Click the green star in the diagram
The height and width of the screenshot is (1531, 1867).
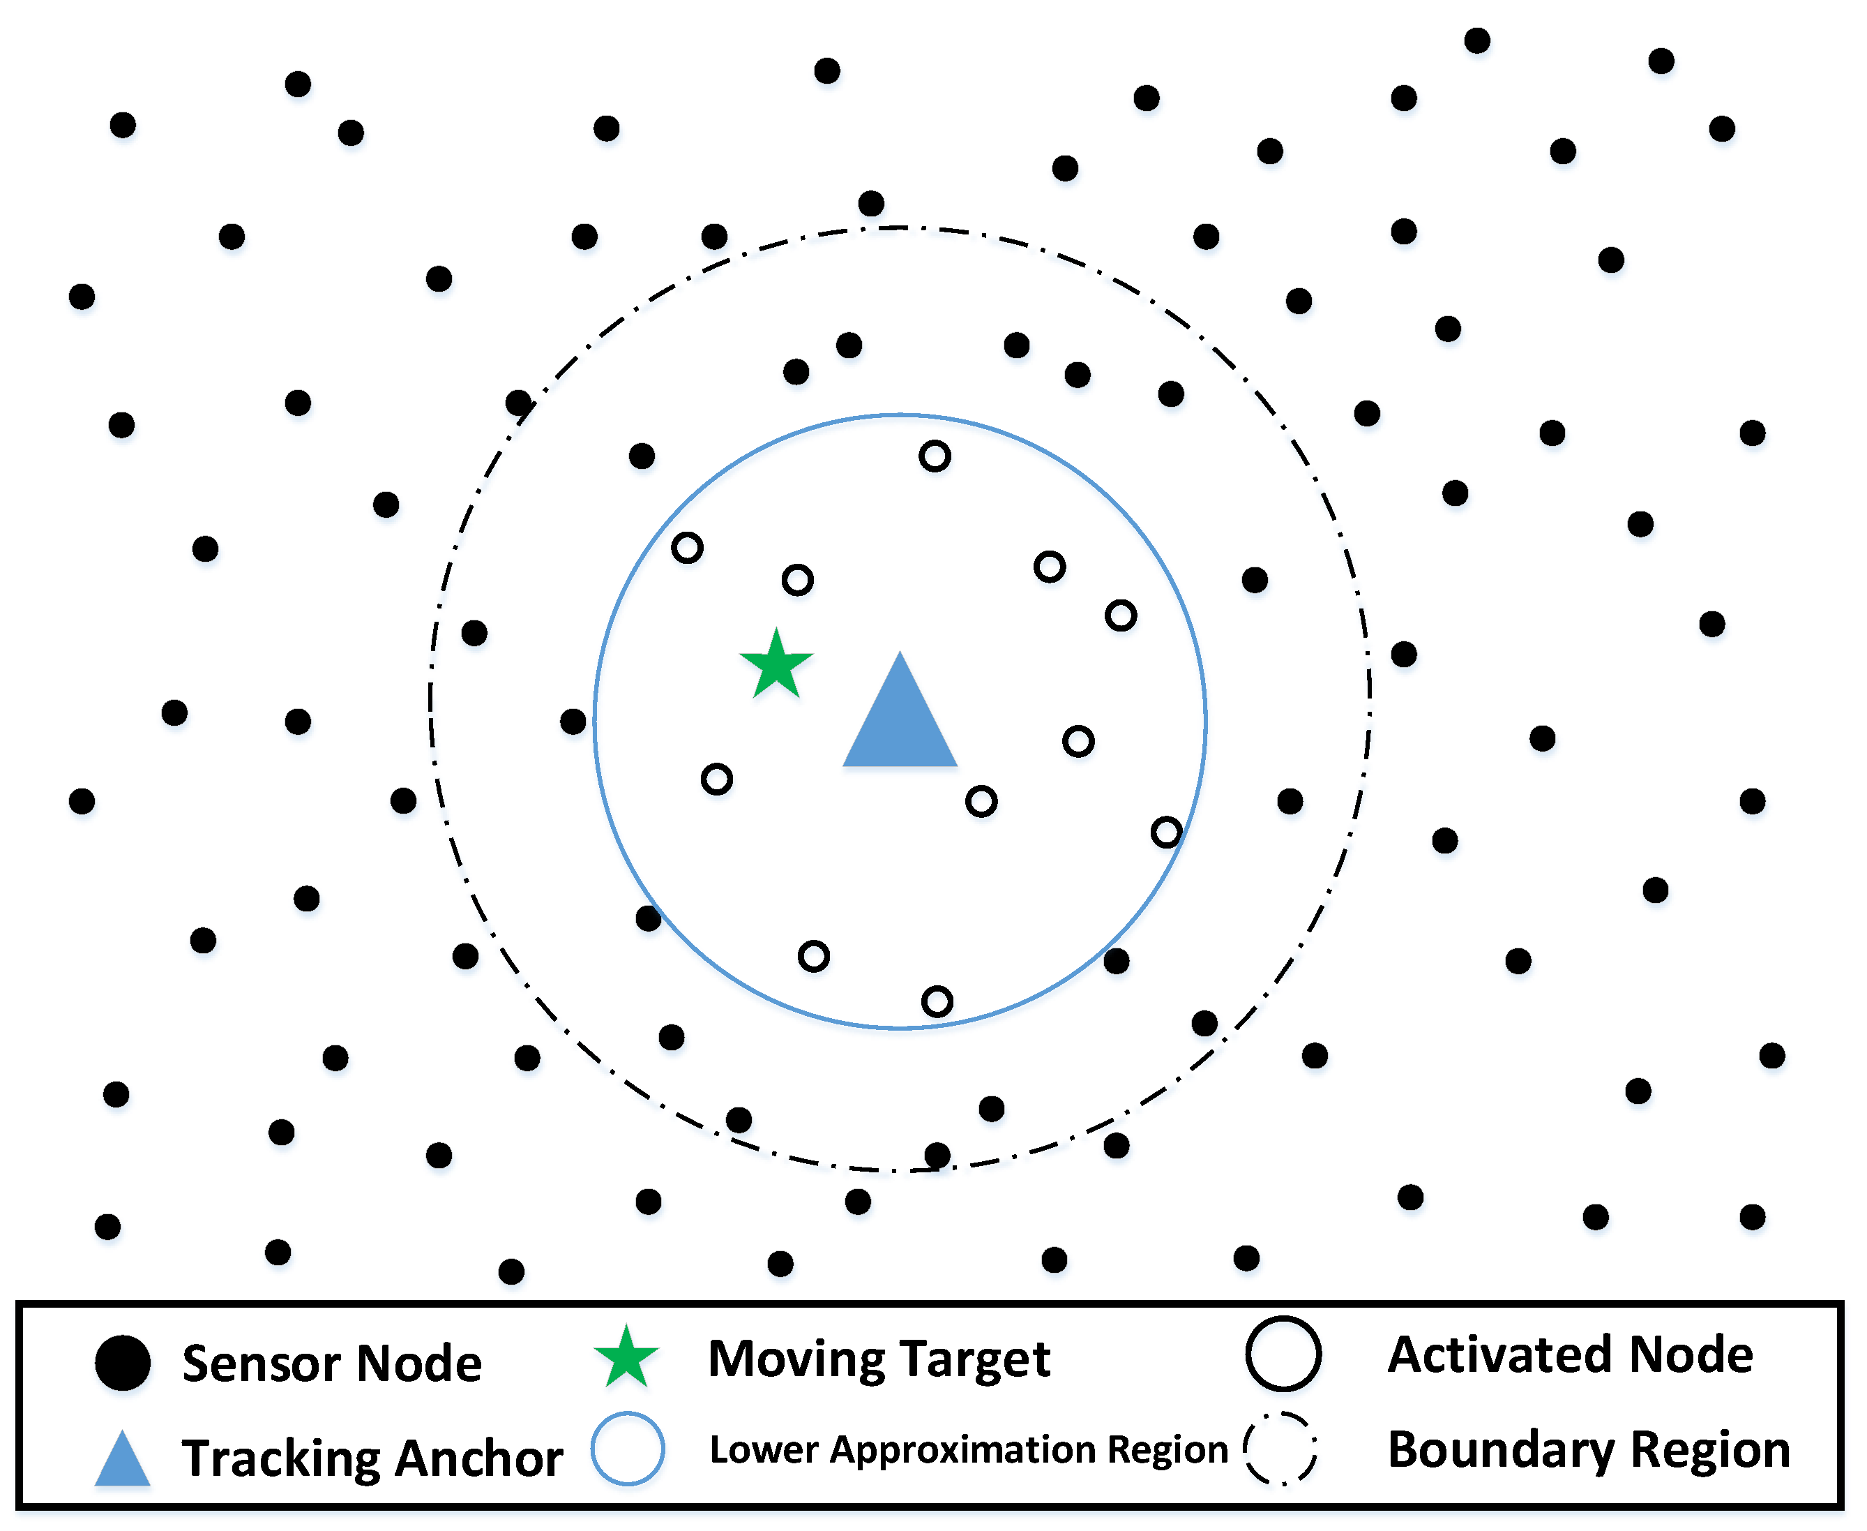coord(776,666)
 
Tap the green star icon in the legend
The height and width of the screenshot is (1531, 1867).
coord(626,1358)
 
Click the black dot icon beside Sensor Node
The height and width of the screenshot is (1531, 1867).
coord(123,1363)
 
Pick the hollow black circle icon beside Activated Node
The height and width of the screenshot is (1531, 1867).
coord(1283,1354)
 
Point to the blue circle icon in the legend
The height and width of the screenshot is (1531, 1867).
coord(627,1449)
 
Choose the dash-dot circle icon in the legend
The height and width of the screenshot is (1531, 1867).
coord(1280,1449)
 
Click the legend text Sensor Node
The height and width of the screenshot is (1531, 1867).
coord(331,1364)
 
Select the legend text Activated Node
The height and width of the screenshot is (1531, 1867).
coord(1570,1354)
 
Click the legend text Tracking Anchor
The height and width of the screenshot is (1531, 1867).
coord(371,1458)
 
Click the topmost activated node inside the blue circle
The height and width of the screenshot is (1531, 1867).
coord(935,456)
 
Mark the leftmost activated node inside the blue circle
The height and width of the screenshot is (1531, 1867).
coord(687,548)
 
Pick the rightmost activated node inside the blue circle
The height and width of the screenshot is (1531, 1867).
coord(1166,832)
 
